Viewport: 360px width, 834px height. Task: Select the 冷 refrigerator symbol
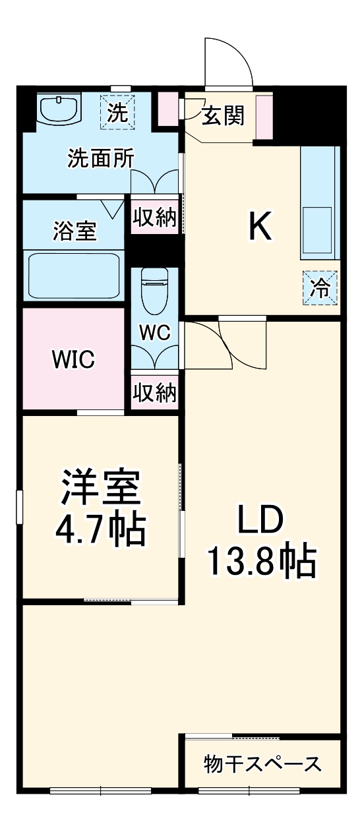320,289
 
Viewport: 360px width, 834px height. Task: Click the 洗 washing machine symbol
117,113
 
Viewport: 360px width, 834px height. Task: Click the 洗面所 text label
101,158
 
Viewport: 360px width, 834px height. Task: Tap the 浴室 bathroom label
74,231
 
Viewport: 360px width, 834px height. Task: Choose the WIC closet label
74,360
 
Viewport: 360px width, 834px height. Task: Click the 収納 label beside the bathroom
155,218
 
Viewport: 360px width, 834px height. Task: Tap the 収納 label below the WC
155,393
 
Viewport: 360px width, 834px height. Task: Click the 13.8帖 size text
262,560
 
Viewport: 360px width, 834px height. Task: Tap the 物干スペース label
262,764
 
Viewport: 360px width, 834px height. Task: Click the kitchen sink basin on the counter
317,229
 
